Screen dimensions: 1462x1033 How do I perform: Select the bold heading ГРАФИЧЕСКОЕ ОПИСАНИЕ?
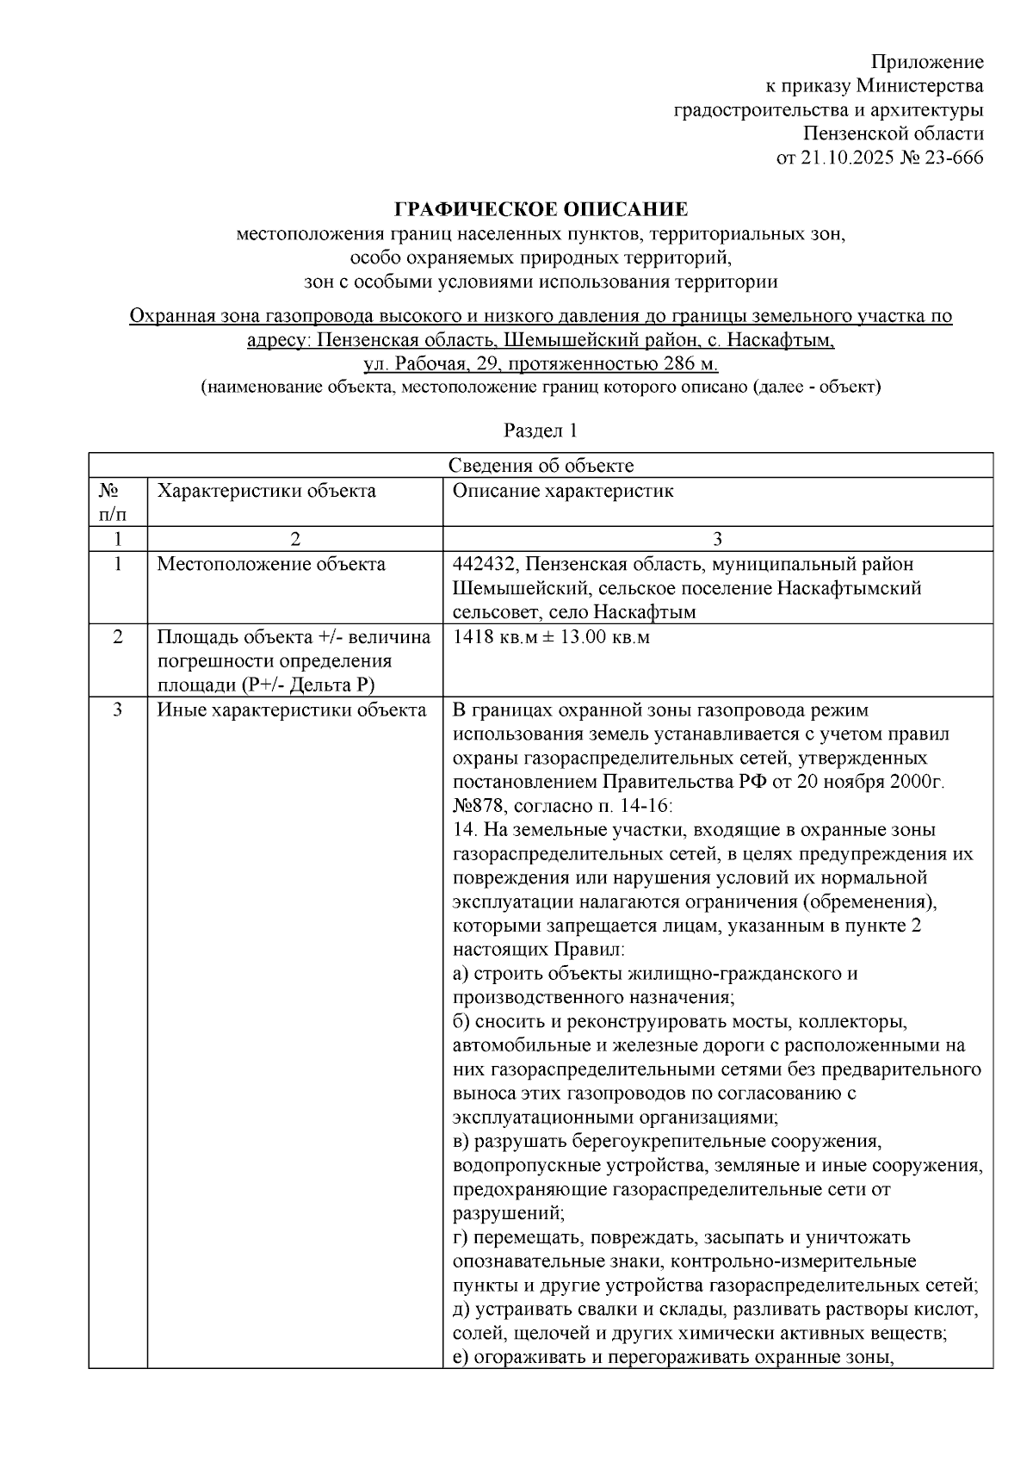tap(541, 209)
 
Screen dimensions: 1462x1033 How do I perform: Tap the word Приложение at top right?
tap(927, 62)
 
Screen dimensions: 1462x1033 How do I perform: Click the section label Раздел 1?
tap(541, 431)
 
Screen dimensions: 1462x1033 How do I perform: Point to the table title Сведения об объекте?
tap(541, 466)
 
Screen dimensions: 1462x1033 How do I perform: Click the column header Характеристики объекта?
tap(266, 491)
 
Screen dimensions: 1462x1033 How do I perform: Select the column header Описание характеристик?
tap(562, 491)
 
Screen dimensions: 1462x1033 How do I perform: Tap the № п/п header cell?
tap(108, 502)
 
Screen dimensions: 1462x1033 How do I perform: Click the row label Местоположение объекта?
tap(270, 564)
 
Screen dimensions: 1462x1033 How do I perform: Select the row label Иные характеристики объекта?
tap(291, 710)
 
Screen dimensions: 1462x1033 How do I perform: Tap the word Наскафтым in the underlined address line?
tap(786, 340)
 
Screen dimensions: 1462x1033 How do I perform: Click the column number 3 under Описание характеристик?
tap(717, 539)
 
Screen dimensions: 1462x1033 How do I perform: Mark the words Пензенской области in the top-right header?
tap(893, 134)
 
